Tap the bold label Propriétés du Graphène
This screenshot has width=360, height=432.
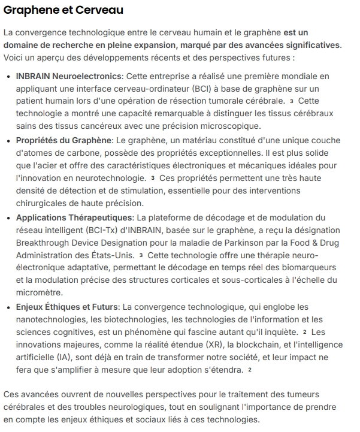pyautogui.click(x=63, y=140)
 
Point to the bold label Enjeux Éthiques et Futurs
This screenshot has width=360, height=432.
pyautogui.click(x=67, y=307)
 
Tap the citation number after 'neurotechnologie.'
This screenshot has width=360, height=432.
pyautogui.click(x=153, y=178)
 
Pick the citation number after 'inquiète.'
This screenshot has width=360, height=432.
pyautogui.click(x=305, y=331)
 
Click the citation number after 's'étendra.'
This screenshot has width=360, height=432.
pyautogui.click(x=250, y=370)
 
